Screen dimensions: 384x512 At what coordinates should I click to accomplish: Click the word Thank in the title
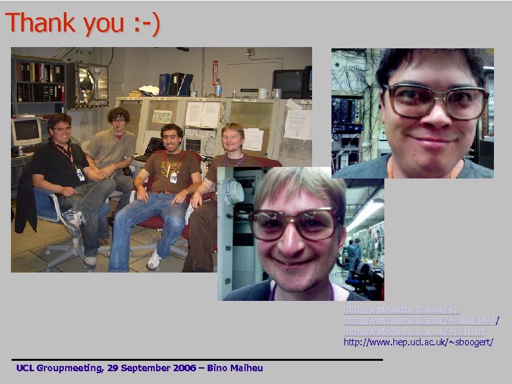click(x=43, y=23)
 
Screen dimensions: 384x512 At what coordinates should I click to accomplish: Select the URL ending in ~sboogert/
click(x=418, y=341)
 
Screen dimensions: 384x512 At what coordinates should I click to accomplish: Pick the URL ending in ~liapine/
click(x=413, y=331)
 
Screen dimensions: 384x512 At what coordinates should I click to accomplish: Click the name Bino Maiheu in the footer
click(x=235, y=368)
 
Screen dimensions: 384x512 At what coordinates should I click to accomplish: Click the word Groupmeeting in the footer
click(x=68, y=368)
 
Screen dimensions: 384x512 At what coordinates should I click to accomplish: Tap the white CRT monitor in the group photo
click(x=26, y=132)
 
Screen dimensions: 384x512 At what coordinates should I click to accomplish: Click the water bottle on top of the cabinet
click(x=218, y=88)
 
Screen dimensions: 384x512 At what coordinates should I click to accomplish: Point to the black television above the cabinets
click(x=289, y=82)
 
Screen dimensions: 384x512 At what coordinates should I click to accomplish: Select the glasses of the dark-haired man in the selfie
click(x=436, y=102)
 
